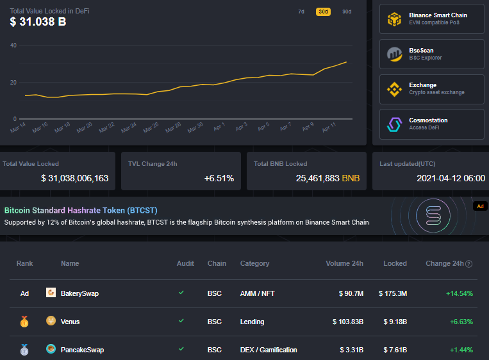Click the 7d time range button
301,12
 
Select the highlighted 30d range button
324,12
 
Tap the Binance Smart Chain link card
432,19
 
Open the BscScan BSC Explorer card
432,54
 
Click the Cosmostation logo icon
394,124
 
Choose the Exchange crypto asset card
432,89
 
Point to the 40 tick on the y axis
13,45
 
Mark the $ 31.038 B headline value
38,22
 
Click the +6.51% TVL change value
219,178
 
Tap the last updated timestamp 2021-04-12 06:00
451,178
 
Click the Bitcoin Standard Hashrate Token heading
81,210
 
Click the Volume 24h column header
344,263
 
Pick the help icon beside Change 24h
469,264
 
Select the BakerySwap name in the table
79,293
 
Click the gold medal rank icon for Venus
24,322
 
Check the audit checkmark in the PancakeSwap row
181,349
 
